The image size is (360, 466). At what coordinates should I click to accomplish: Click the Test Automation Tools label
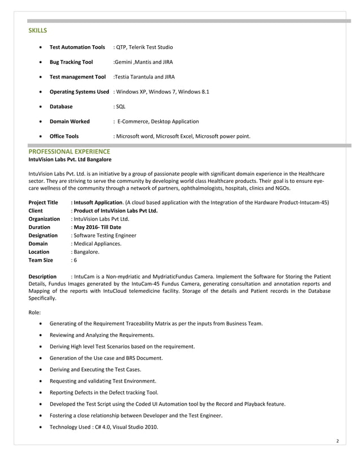(77, 47)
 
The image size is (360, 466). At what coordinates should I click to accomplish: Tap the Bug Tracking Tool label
(71, 62)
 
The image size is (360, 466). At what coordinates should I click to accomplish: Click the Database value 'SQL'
(121, 106)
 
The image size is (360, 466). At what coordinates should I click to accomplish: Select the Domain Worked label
(69, 121)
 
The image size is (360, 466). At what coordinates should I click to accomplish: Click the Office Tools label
(64, 136)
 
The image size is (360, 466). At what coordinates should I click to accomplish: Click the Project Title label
(43, 203)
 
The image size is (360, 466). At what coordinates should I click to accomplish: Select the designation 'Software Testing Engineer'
(105, 235)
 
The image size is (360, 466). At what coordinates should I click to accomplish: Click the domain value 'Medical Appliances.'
(97, 244)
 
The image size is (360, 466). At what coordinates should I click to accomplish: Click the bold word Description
(42, 276)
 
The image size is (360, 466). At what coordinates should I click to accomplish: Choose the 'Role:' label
(34, 312)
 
